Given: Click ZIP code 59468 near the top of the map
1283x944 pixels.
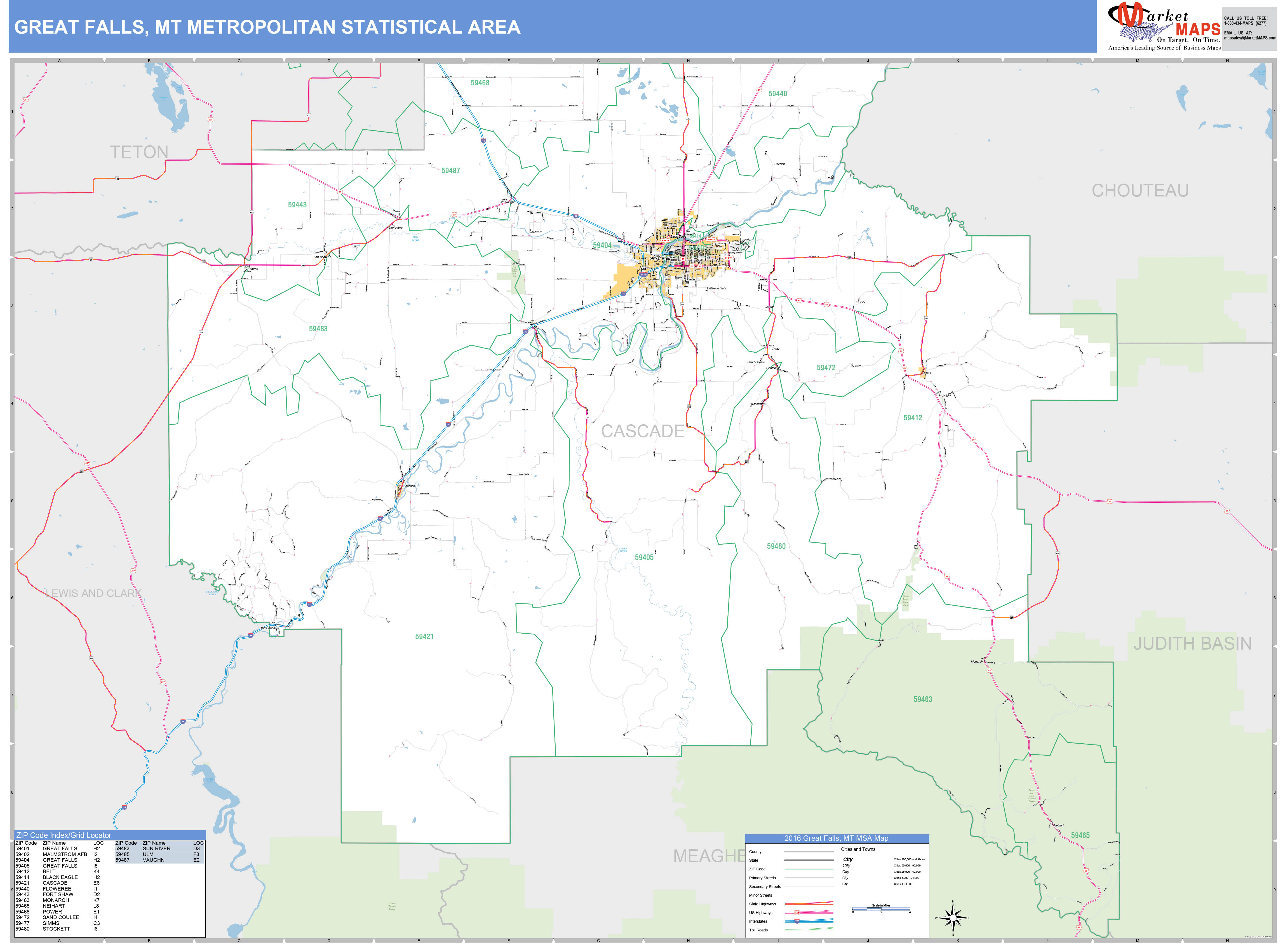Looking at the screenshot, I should [x=480, y=83].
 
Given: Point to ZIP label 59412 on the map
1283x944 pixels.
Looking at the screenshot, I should [x=912, y=418].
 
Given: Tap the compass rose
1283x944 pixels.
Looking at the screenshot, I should [x=952, y=918].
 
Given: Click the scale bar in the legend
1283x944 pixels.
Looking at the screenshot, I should [x=881, y=909].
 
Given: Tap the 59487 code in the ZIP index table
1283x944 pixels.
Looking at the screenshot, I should [x=122, y=860].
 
